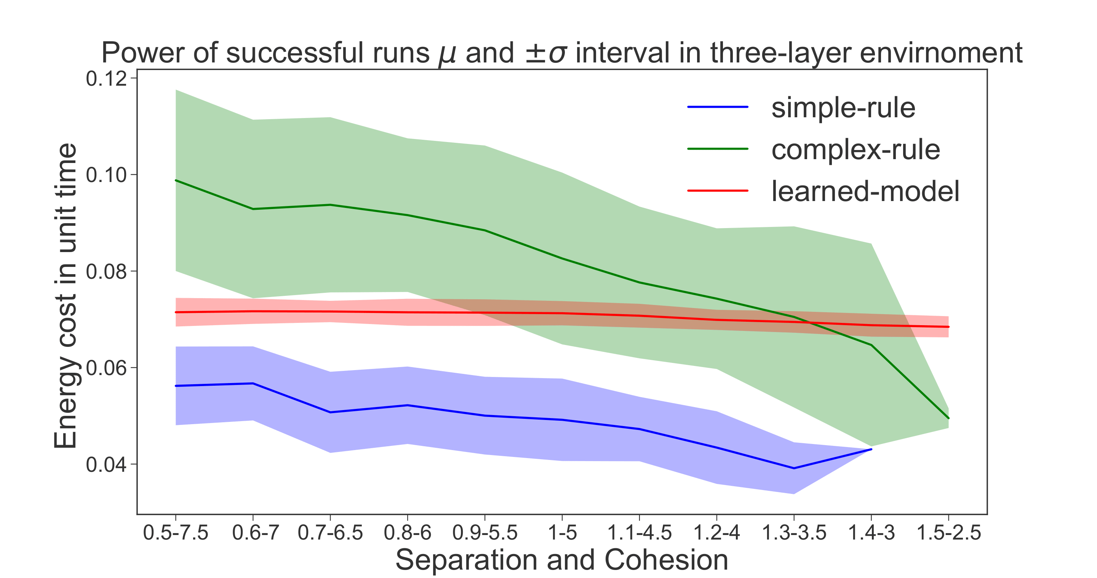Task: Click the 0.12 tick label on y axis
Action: tap(107, 79)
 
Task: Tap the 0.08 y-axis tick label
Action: tap(107, 271)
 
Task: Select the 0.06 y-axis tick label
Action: tap(107, 368)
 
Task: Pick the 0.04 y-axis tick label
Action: tap(107, 465)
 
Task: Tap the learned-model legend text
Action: tap(865, 191)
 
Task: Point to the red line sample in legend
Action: tap(718, 191)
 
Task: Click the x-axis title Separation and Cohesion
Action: tap(562, 560)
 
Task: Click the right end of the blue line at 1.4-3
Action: tap(871, 449)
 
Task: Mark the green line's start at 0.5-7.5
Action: tap(176, 180)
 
